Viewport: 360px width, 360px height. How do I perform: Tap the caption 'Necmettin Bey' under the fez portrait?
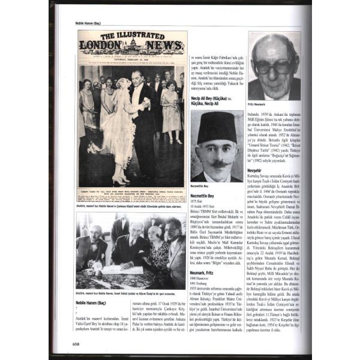(x=204, y=187)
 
